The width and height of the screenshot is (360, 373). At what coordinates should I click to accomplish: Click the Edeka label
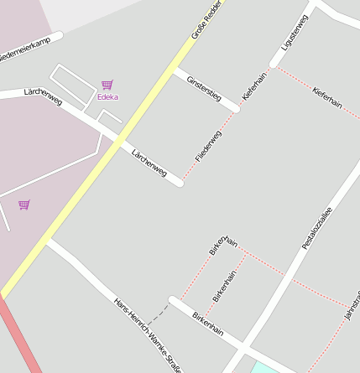107,96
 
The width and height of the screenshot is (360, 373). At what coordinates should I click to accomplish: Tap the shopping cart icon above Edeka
107,85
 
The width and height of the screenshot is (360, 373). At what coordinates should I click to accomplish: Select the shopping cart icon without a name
23,205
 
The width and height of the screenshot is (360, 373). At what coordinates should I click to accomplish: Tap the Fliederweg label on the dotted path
208,146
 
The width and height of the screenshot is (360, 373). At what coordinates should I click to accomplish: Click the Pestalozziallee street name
317,229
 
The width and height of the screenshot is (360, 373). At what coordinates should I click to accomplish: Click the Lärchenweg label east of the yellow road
149,163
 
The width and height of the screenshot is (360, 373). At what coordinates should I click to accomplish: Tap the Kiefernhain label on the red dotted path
326,97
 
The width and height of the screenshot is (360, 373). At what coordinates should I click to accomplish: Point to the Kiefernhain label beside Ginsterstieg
254,86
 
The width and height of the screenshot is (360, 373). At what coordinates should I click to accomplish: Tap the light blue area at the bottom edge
263,368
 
